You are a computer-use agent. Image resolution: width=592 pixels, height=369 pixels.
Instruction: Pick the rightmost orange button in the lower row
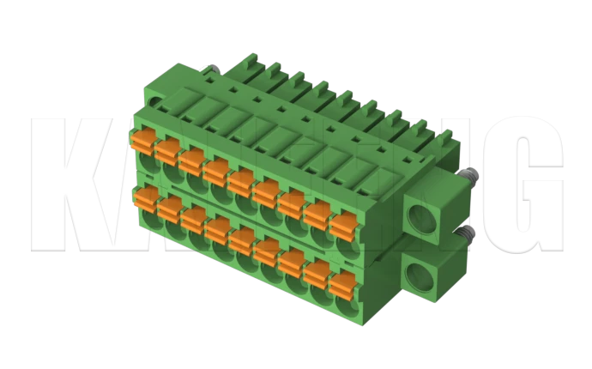(342, 285)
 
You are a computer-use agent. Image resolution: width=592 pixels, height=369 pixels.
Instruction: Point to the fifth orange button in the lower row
(242, 242)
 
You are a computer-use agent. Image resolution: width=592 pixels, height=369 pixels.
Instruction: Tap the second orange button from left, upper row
(167, 148)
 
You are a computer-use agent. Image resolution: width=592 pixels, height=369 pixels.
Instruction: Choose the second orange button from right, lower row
(317, 274)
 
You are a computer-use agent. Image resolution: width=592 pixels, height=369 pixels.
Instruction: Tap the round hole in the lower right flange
(420, 277)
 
